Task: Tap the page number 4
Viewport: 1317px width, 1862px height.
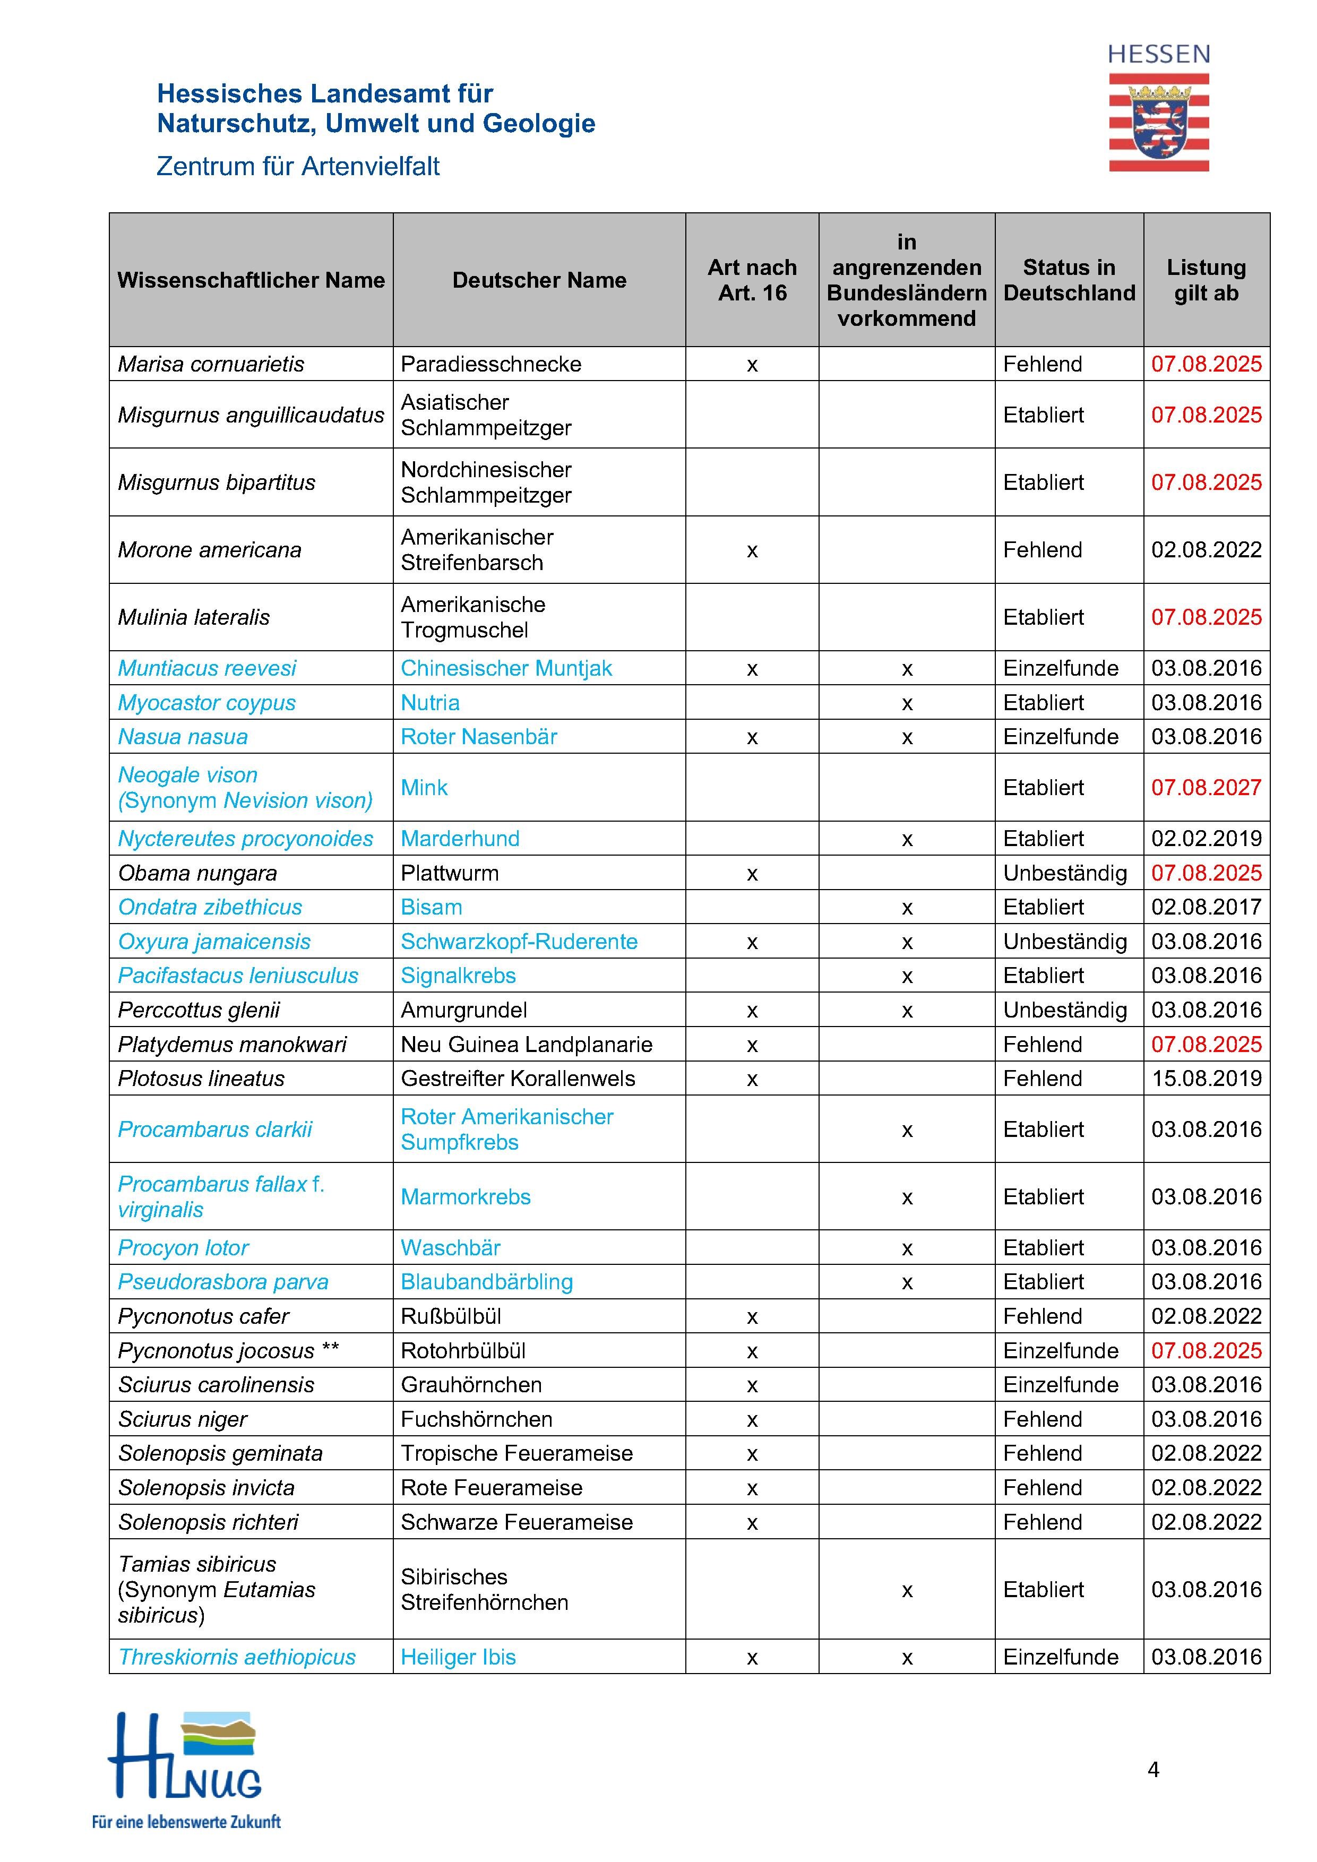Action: coord(1153,1770)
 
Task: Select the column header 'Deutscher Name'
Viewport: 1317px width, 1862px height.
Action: coord(539,281)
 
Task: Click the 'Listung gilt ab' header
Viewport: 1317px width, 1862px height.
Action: coord(1206,281)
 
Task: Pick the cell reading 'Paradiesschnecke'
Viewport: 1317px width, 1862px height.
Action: coord(490,364)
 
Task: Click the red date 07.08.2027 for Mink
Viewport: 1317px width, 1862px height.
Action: coord(1206,788)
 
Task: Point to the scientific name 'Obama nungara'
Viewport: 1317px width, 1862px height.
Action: coord(197,874)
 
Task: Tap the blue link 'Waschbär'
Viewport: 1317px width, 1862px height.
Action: coord(450,1248)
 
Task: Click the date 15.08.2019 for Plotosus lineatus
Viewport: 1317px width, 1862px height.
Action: coord(1206,1079)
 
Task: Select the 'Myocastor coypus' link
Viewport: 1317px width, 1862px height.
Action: coord(207,703)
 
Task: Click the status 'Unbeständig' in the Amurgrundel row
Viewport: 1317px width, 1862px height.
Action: coord(1065,1011)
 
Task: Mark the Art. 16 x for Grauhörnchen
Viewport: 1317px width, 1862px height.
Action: coord(752,1386)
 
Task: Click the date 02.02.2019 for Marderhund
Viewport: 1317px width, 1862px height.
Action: coord(1206,839)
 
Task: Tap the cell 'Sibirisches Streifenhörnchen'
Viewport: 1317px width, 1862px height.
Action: coord(484,1590)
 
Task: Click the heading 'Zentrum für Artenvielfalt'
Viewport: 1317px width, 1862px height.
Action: coord(298,166)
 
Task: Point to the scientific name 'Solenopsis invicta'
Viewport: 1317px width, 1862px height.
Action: coord(206,1488)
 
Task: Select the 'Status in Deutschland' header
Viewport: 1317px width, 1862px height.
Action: coord(1069,281)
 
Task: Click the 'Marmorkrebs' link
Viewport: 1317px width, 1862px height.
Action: coord(466,1197)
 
